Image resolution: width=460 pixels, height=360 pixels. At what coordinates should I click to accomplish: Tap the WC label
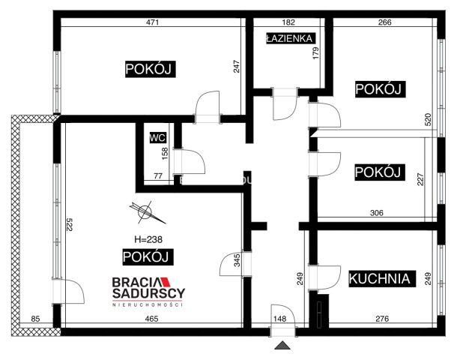pyautogui.click(x=157, y=138)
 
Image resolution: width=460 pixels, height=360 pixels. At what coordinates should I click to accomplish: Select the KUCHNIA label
pyautogui.click(x=381, y=279)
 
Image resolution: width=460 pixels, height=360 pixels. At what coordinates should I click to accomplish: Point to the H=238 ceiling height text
pyautogui.click(x=148, y=240)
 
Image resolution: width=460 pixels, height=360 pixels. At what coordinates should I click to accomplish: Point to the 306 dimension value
pyautogui.click(x=377, y=213)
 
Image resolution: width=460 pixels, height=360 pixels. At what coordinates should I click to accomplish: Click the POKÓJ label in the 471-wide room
pyautogui.click(x=150, y=70)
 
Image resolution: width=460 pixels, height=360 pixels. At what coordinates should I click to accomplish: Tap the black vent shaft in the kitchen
pyautogui.click(x=320, y=312)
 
